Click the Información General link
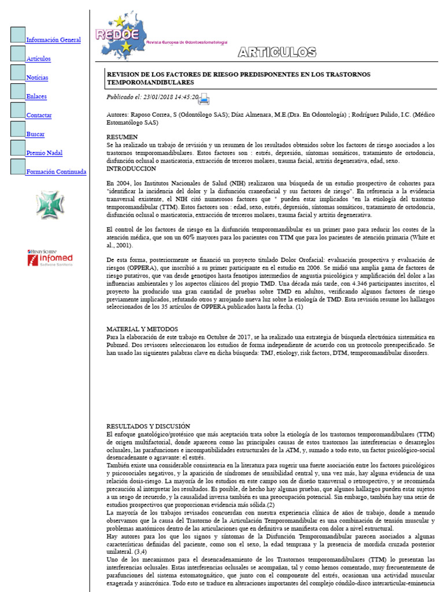coord(53,40)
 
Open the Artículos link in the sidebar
coord(38,59)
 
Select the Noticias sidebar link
coord(37,77)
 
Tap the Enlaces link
coord(36,97)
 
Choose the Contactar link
coord(39,115)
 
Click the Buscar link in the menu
coord(35,134)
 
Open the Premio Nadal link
coord(44,153)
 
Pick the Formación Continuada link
coord(56,172)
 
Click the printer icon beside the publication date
coord(204,99)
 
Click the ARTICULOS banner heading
coord(277,53)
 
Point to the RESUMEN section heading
coord(122,136)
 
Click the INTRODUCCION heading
coord(131,169)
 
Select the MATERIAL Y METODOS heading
coord(142,329)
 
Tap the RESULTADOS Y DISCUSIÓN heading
coord(149,426)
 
